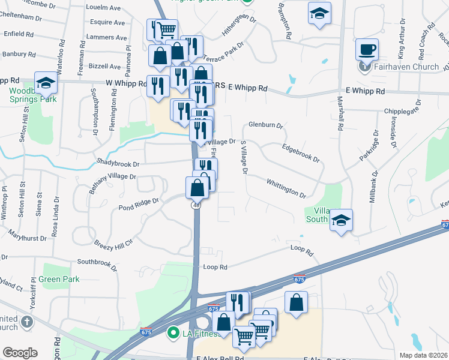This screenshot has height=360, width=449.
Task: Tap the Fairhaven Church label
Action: click(x=406, y=66)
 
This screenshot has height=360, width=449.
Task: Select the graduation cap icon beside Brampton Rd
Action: click(x=319, y=13)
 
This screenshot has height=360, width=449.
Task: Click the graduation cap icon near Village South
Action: click(x=341, y=220)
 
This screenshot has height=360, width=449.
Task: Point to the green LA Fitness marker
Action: click(x=173, y=331)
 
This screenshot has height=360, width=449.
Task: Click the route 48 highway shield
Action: click(x=196, y=205)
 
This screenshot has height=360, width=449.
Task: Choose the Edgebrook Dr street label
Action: click(x=300, y=153)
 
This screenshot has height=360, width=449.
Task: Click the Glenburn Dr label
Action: click(x=265, y=125)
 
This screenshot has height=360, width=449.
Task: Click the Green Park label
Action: click(x=59, y=279)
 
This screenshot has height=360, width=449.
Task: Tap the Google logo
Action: click(x=19, y=353)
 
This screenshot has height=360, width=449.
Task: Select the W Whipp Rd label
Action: click(x=125, y=83)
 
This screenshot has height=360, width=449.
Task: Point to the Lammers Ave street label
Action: click(x=105, y=37)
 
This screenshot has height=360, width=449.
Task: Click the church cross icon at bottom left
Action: click(x=26, y=322)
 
